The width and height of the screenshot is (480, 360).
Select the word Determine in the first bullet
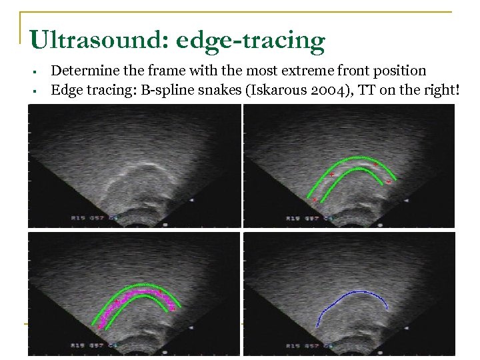click(x=82, y=71)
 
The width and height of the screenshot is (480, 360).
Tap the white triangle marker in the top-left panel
click(x=192, y=199)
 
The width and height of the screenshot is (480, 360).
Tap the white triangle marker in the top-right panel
click(x=407, y=199)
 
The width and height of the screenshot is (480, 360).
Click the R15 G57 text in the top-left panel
click(x=87, y=218)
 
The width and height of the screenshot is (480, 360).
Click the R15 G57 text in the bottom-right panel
click(x=301, y=347)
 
